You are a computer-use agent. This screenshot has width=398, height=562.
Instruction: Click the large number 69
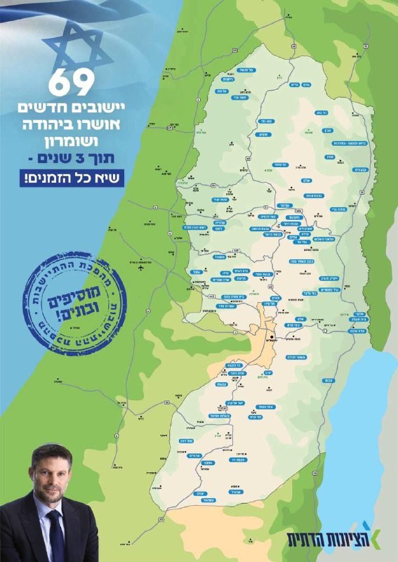(x=70, y=84)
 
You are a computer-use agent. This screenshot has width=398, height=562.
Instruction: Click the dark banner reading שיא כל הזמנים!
(x=70, y=177)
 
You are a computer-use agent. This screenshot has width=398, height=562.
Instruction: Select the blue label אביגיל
(x=237, y=491)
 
